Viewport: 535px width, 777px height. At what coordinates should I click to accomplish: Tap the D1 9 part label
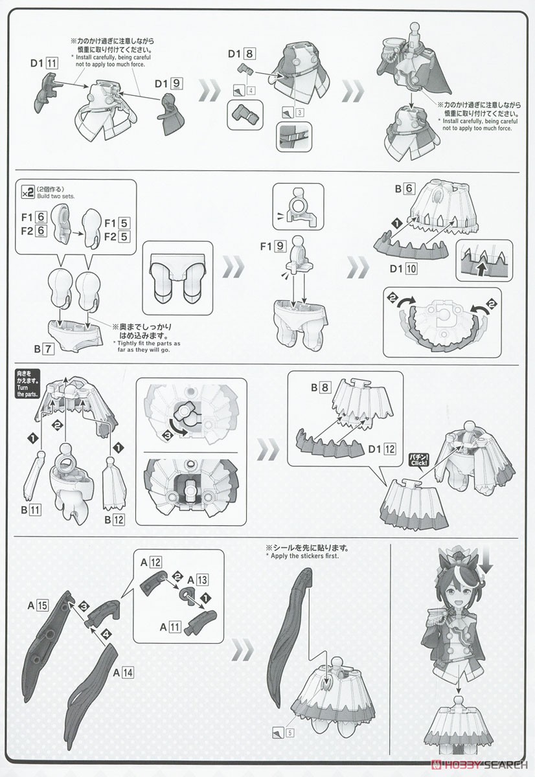coord(168,84)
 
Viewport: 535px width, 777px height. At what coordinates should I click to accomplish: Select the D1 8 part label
coord(242,54)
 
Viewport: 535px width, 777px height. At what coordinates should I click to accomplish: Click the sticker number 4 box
coord(251,91)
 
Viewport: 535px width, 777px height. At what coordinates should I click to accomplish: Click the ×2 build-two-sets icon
coord(28,192)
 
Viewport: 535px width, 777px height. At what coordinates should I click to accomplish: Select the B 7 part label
coord(44,348)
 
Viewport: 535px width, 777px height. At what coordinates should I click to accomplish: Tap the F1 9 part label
coord(272,246)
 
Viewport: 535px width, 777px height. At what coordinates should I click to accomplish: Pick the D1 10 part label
coord(403,269)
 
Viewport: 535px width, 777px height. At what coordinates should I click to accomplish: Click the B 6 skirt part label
coord(405,188)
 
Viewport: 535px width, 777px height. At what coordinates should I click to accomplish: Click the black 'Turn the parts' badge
coord(27,383)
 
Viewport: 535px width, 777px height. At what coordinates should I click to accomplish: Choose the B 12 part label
coord(114,519)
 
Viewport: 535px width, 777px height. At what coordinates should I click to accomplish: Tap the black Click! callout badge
coord(420,461)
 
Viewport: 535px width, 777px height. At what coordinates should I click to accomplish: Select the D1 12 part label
coord(381,449)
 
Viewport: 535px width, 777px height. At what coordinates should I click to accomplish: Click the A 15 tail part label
coord(38,605)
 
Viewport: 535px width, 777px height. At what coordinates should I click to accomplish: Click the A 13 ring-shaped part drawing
coord(187,595)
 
